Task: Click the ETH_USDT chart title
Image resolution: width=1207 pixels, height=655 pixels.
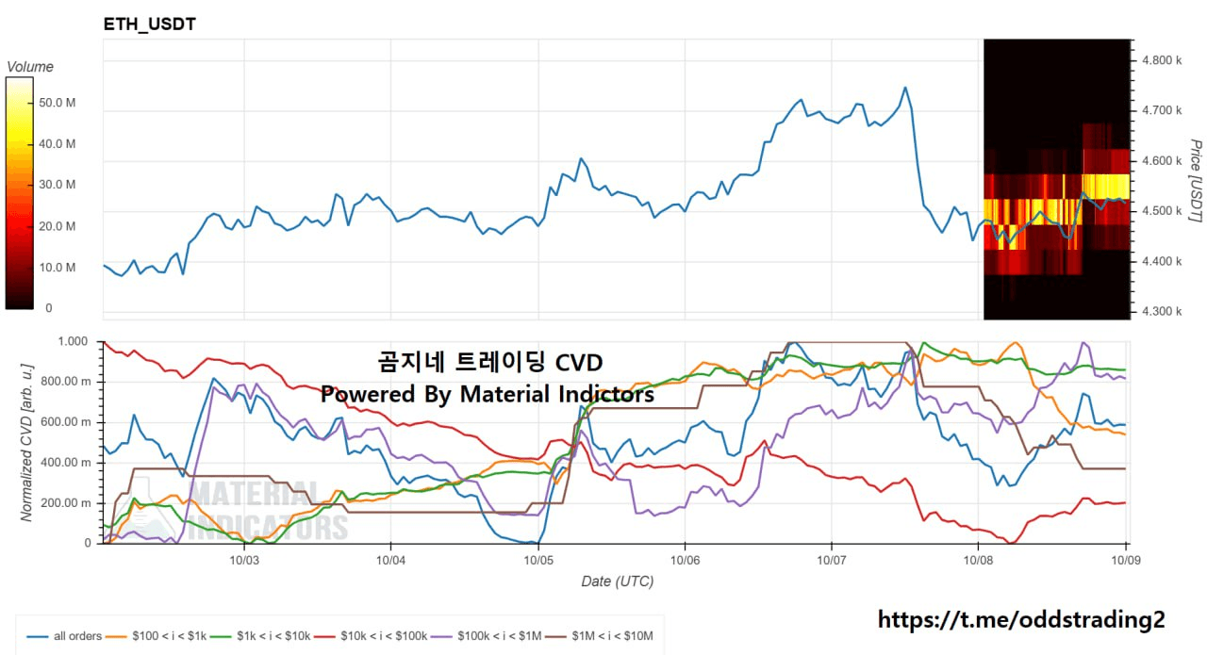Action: pyautogui.click(x=150, y=25)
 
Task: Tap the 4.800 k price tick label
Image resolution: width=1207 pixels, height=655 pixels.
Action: pyautogui.click(x=1162, y=60)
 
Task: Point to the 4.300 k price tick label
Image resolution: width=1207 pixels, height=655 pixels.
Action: pyautogui.click(x=1162, y=311)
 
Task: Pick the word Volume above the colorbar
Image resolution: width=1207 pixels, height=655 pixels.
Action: pyautogui.click(x=30, y=67)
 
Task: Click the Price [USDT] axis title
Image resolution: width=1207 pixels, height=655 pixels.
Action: pyautogui.click(x=1195, y=181)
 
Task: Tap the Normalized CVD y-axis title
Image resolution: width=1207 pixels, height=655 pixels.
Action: pyautogui.click(x=27, y=439)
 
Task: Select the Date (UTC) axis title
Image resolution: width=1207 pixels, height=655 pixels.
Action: pyautogui.click(x=617, y=581)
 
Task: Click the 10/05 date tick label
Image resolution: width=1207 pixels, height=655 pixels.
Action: pyautogui.click(x=538, y=559)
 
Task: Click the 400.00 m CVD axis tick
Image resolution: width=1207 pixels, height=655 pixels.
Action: pyautogui.click(x=69, y=463)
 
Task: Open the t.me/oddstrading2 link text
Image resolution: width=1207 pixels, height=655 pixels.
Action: pyautogui.click(x=1021, y=619)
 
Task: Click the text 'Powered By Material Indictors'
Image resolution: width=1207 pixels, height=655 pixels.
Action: pyautogui.click(x=487, y=395)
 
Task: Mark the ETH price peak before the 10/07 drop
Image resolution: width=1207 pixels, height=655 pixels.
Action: pyautogui.click(x=904, y=88)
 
